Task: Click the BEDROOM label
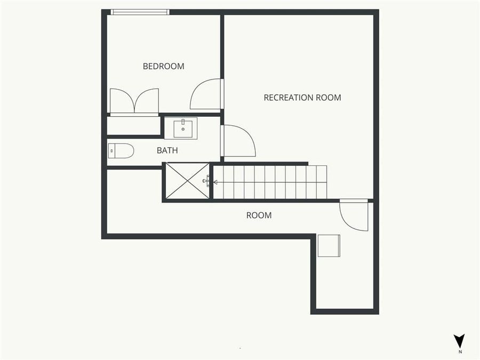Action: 163,66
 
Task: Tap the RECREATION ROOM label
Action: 302,98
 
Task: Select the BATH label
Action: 167,150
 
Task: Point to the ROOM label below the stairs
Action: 259,215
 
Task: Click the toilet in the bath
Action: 121,151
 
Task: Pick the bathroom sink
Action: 183,128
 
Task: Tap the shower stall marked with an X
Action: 187,181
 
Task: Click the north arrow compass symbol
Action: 459,341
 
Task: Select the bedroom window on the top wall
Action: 140,12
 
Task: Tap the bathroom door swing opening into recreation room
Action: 238,141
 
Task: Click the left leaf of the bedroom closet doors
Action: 122,101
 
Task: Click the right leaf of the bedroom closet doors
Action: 147,101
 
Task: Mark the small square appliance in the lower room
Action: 329,245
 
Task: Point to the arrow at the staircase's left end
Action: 216,182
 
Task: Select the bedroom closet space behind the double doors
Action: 133,126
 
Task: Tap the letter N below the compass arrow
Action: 460,352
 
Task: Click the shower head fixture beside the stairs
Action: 206,181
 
